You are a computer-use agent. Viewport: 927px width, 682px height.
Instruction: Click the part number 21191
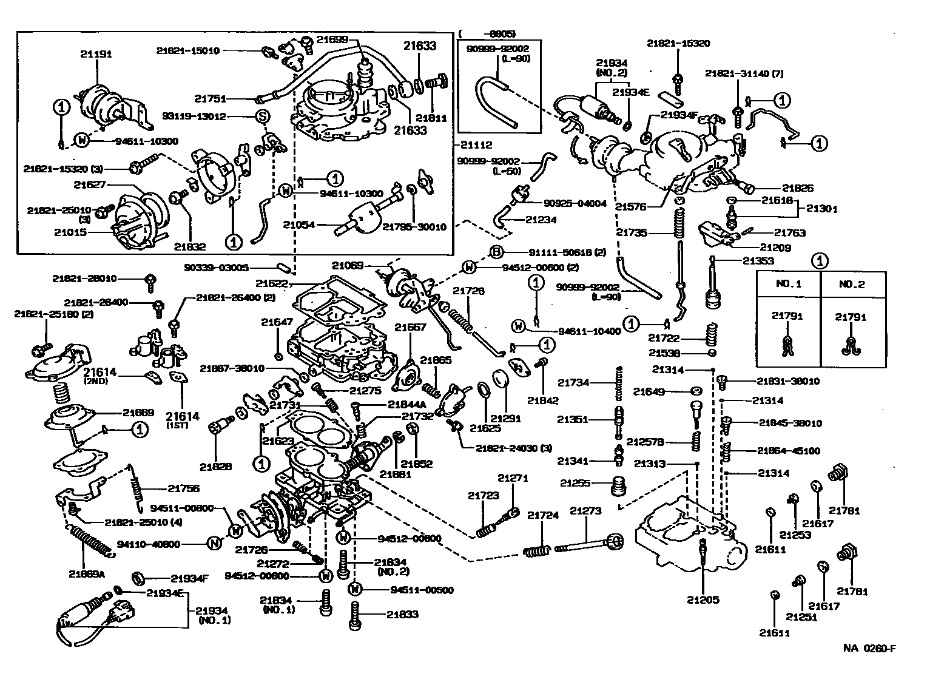[x=96, y=54]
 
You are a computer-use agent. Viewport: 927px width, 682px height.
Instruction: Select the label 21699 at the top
[x=332, y=39]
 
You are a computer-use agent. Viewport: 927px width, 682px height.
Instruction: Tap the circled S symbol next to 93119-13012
[x=263, y=116]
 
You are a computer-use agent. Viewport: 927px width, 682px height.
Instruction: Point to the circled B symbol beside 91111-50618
[x=496, y=252]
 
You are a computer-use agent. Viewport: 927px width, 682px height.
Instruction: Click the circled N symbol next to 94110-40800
[x=214, y=544]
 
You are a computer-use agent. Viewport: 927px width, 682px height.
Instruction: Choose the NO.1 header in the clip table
[x=789, y=284]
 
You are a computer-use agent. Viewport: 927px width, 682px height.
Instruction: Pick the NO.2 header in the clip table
[x=852, y=284]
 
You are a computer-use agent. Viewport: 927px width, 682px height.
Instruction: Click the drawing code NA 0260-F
[x=869, y=648]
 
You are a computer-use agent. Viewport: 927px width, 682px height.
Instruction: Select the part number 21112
[x=476, y=145]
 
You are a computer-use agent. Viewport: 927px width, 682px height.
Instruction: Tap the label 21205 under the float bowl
[x=703, y=599]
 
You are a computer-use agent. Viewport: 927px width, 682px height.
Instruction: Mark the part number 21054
[x=298, y=225]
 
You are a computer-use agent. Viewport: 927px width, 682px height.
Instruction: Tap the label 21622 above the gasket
[x=271, y=283]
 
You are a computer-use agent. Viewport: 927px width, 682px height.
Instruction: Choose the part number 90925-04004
[x=575, y=203]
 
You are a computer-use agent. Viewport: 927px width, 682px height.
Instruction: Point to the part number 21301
[x=821, y=209]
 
